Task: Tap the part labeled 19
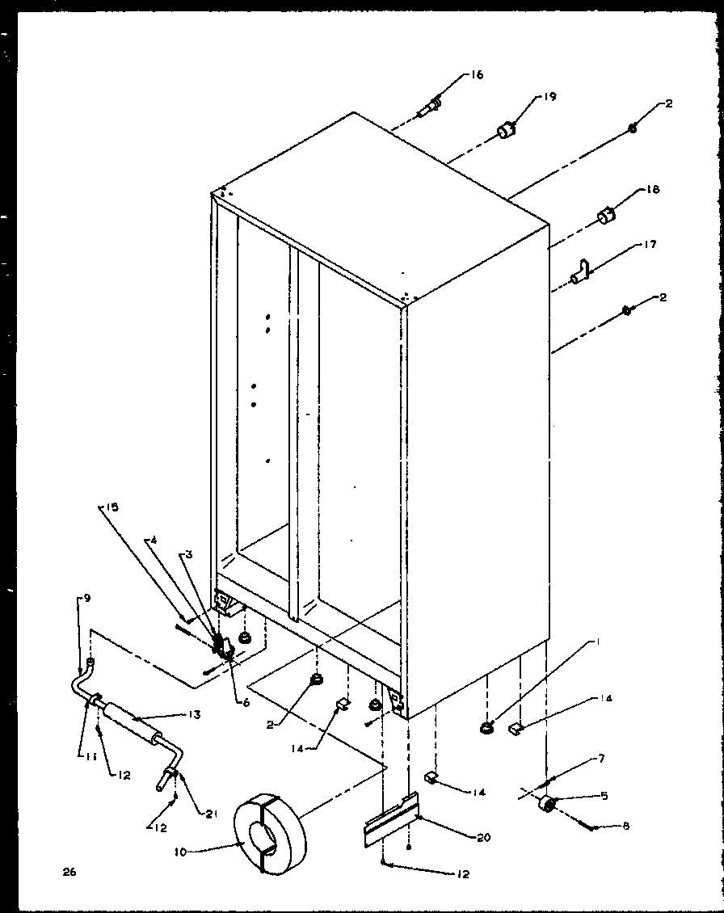(506, 130)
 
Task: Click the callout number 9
(86, 599)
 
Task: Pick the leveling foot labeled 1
(487, 730)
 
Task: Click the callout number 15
(111, 507)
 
